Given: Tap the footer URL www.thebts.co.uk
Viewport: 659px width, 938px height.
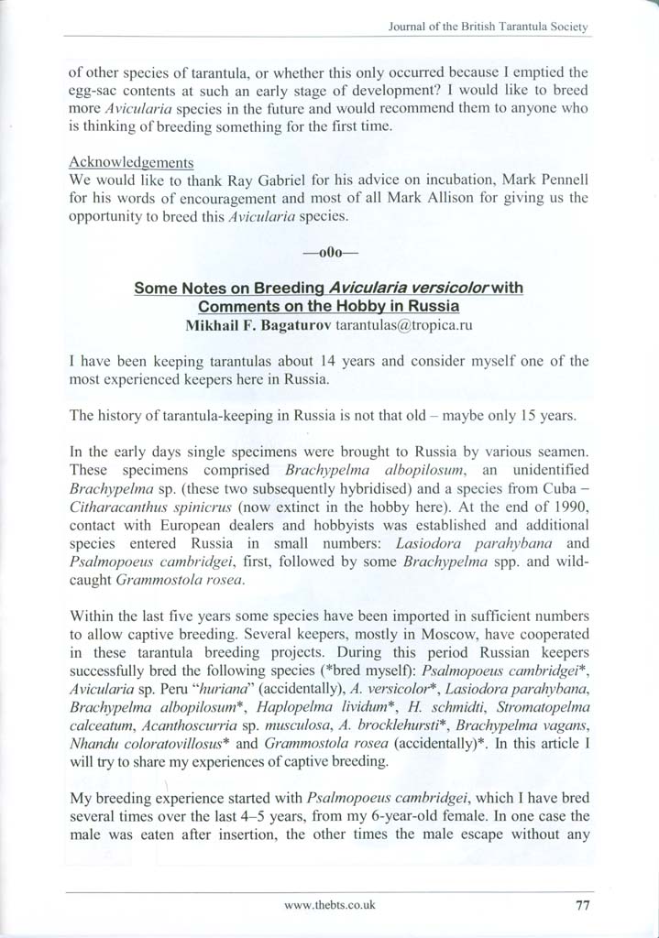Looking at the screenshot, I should pyautogui.click(x=330, y=903).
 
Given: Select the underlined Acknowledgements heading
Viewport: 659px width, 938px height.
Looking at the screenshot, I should pyautogui.click(x=131, y=162).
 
